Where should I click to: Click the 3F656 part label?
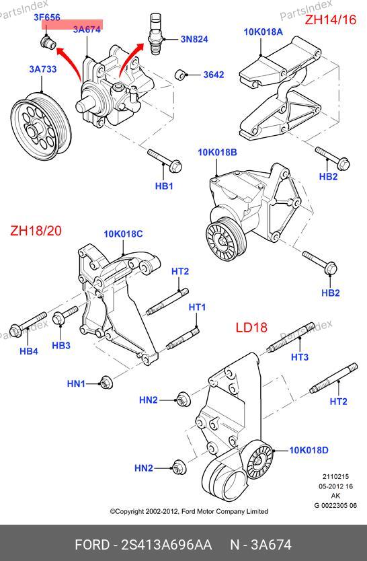pyautogui.click(x=47, y=17)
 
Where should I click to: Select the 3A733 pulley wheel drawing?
pyautogui.click(x=41, y=126)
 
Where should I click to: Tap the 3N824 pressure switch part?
pyautogui.click(x=156, y=34)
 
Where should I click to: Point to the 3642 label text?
pyautogui.click(x=214, y=75)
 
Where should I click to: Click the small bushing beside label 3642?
pyautogui.click(x=181, y=75)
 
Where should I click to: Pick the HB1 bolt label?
pyautogui.click(x=164, y=186)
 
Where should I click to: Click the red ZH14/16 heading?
pyautogui.click(x=331, y=20)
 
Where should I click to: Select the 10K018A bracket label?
pyautogui.click(x=263, y=32)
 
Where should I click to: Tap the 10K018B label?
pyautogui.click(x=217, y=153)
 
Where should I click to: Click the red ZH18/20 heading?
pyautogui.click(x=36, y=231)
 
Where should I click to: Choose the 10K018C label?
pyautogui.click(x=123, y=234)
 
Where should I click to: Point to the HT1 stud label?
pyautogui.click(x=197, y=307)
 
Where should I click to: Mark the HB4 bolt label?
pyautogui.click(x=29, y=351)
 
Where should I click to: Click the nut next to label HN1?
pyautogui.click(x=106, y=383)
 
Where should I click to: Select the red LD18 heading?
pyautogui.click(x=251, y=328)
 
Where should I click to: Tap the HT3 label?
pyautogui.click(x=300, y=357)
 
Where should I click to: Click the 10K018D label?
pyautogui.click(x=309, y=450)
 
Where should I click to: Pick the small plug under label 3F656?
pyautogui.click(x=48, y=42)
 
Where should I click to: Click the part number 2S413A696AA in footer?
pyautogui.click(x=167, y=545)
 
